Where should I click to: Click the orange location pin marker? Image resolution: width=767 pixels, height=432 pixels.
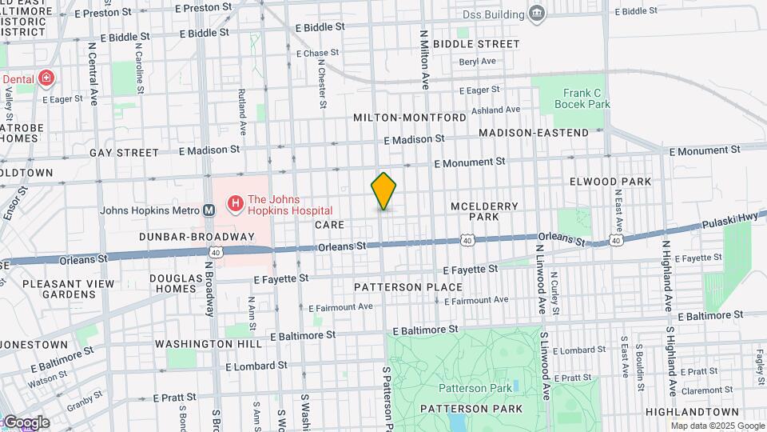point(383,191)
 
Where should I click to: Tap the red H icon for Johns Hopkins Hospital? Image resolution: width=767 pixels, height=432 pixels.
point(236,206)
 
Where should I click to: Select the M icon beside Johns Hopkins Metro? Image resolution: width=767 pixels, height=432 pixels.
point(209,211)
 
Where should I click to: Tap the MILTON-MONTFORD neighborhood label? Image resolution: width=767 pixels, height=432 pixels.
point(410,118)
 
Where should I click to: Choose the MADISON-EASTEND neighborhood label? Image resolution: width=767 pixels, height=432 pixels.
point(533,133)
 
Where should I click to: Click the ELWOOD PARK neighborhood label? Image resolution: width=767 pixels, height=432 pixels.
point(610,182)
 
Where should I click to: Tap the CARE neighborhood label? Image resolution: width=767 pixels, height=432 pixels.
point(329,226)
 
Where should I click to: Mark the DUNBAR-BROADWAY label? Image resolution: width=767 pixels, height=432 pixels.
point(196,237)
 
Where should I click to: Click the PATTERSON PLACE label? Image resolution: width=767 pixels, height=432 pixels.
point(407,286)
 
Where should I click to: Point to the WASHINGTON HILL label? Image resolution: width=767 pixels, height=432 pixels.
point(208,344)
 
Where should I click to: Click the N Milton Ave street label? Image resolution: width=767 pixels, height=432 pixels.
point(425,60)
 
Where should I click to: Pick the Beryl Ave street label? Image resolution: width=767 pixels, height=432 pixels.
point(478,61)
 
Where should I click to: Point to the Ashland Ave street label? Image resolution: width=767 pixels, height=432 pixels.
point(495,110)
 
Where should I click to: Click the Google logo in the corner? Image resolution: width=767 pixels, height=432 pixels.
point(26,422)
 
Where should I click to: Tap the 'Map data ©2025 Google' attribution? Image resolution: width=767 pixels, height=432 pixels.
point(717,426)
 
